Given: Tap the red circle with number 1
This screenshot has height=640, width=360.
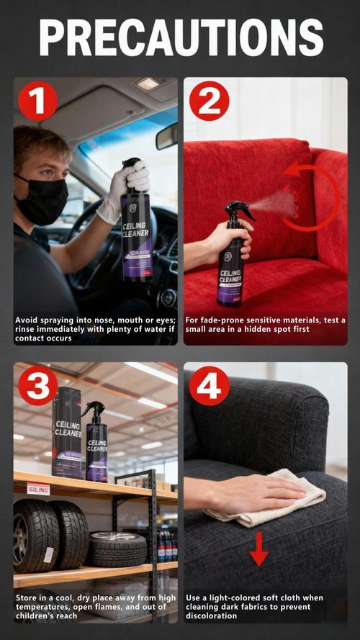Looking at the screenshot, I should (37, 100).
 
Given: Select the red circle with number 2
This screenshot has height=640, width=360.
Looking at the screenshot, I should (209, 100).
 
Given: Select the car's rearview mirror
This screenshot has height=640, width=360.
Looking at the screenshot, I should (167, 135).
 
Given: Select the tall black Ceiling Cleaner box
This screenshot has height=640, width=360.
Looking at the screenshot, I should (66, 432).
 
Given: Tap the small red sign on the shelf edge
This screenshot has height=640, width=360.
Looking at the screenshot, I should (38, 488).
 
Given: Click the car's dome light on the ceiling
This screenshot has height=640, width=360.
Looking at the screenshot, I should (147, 84).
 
